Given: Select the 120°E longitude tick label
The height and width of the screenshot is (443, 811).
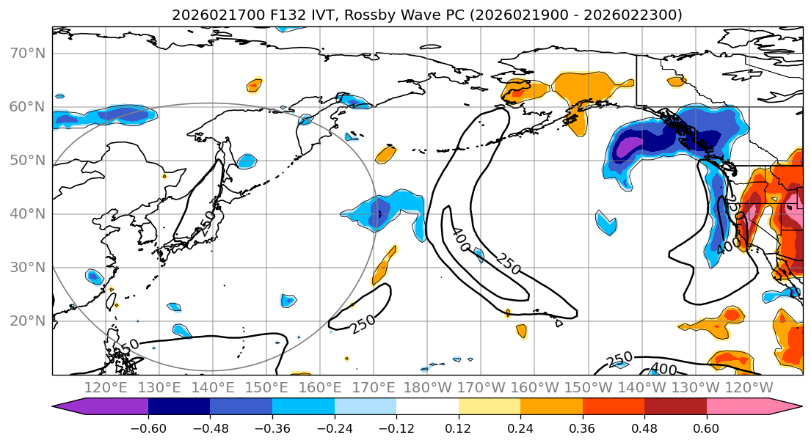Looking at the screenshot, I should click(106, 387).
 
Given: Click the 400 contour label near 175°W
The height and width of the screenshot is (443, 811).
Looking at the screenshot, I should click(461, 240).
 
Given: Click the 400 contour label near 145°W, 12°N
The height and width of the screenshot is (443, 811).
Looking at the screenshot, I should click(663, 370).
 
